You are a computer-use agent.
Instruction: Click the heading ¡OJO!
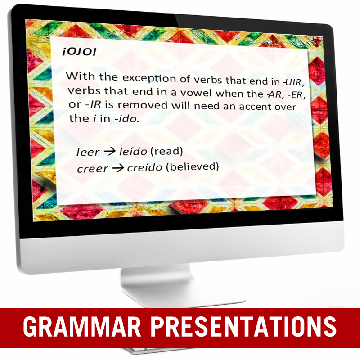point(79,52)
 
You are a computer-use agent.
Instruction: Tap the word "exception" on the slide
point(149,78)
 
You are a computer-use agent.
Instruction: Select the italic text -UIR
point(294,82)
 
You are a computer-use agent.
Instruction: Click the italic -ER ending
point(297,94)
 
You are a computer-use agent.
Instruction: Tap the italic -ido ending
point(126,119)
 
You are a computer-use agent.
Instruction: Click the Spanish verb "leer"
point(88,152)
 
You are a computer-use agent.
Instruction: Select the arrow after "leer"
point(109,151)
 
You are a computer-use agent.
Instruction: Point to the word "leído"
point(133,151)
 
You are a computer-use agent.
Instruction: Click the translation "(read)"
point(166,151)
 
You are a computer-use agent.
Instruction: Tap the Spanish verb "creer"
point(92,169)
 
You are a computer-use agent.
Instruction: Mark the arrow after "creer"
point(118,168)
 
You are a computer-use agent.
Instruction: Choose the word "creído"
point(144,167)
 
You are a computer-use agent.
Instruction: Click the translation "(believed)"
point(193,166)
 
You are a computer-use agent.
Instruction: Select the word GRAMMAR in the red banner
point(82,326)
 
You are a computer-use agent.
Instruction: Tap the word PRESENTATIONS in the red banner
point(243,326)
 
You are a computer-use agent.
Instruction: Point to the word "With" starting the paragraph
point(80,76)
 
